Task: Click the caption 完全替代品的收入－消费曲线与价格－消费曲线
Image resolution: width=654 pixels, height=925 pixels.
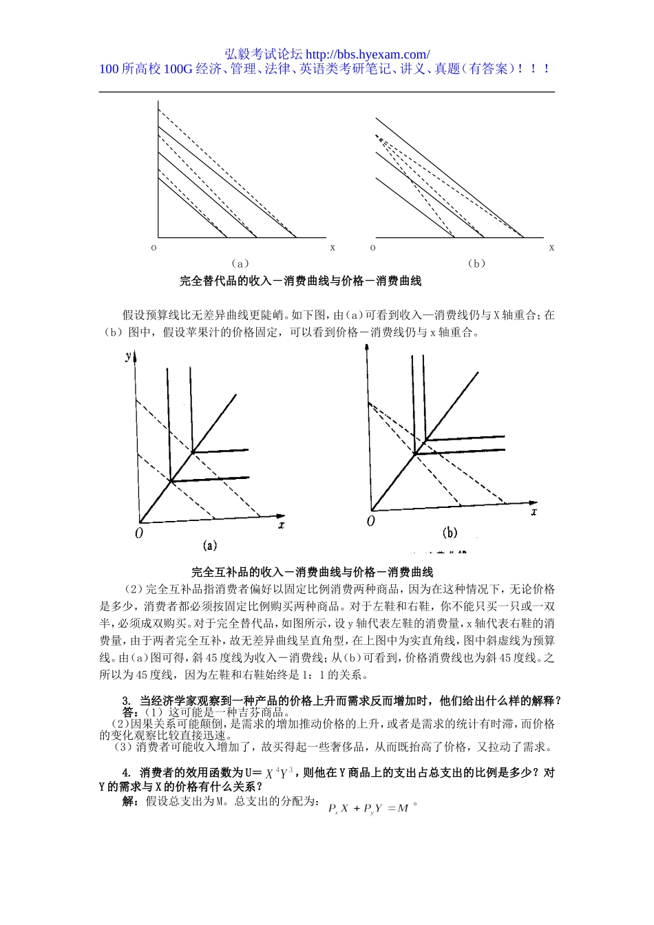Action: pyautogui.click(x=300, y=281)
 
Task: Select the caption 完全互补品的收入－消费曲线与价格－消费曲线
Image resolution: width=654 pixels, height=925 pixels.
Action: pyautogui.click(x=312, y=572)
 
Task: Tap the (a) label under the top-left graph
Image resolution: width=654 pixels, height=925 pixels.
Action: pyautogui.click(x=240, y=263)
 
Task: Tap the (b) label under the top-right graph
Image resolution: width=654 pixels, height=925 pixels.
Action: pyautogui.click(x=476, y=263)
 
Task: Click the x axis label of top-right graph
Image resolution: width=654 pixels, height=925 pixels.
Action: pyautogui.click(x=551, y=247)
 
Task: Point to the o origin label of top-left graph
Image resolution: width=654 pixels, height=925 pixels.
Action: pyautogui.click(x=154, y=247)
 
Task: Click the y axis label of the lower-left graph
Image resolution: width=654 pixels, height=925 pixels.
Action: pyautogui.click(x=129, y=355)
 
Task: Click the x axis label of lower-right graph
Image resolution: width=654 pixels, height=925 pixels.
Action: pyautogui.click(x=534, y=511)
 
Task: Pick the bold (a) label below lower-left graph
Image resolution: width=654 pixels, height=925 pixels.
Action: pyautogui.click(x=210, y=545)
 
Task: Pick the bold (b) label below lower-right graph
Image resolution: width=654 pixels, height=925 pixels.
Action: pyautogui.click(x=450, y=533)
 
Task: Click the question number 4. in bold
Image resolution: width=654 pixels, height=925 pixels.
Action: pyautogui.click(x=127, y=773)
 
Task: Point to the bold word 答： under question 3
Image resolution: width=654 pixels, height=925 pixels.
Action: pyautogui.click(x=134, y=712)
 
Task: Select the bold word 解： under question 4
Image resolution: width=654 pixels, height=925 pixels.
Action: pyautogui.click(x=134, y=801)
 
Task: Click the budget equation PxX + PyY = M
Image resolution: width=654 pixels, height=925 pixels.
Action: pyautogui.click(x=370, y=808)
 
